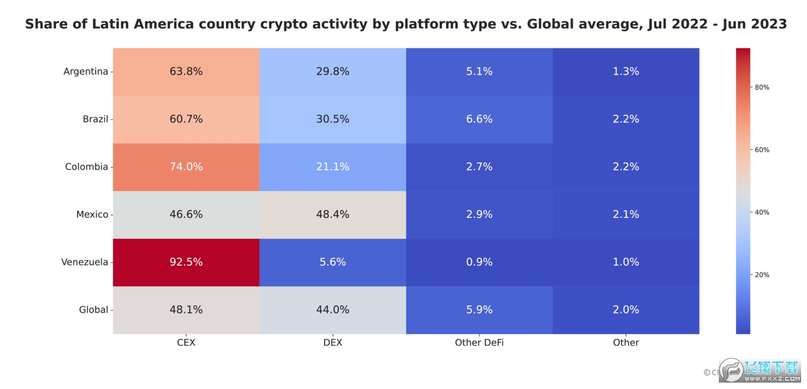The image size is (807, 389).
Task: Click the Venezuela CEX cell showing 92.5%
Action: pos(186,262)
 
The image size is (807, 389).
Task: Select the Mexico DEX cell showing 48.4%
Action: pos(333,214)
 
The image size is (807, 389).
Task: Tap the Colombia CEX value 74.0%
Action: pos(186,167)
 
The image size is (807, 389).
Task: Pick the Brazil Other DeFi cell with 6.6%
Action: pos(479,119)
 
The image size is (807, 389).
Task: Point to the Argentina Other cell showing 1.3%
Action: pos(626,71)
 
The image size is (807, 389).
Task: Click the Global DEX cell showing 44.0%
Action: pos(333,310)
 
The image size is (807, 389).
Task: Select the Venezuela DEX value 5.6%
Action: pos(333,262)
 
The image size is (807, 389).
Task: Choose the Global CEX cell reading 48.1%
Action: pos(186,310)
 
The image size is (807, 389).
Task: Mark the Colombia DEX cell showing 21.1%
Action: pos(333,167)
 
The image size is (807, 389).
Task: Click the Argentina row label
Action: pos(86,71)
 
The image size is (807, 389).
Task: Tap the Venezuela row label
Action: pos(84,262)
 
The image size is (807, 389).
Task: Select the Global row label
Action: pos(94,310)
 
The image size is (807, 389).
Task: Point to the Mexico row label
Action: pos(92,214)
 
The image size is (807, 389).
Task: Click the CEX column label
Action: pos(186,343)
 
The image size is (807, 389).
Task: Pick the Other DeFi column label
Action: pos(479,343)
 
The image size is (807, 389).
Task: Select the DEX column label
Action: pos(333,343)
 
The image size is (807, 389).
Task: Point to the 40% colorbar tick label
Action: pos(762,213)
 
